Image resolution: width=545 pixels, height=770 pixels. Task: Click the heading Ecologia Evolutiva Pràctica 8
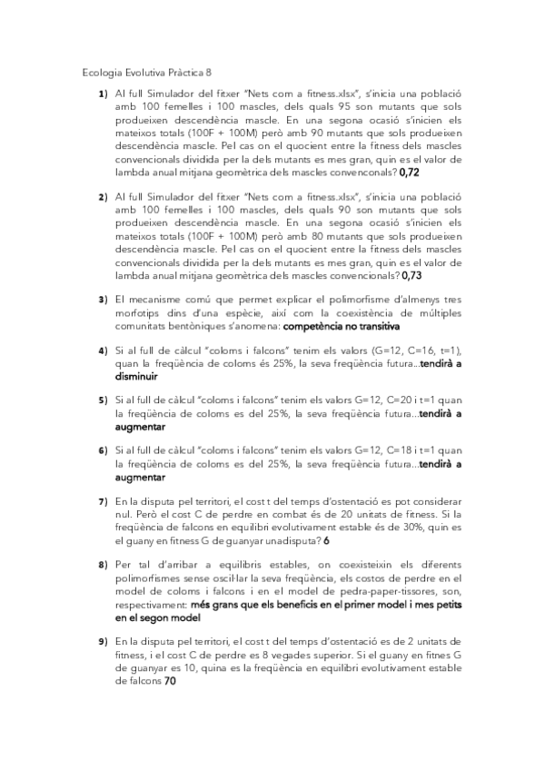pyautogui.click(x=147, y=73)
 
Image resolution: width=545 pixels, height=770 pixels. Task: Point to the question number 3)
pyautogui.click(x=103, y=301)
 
